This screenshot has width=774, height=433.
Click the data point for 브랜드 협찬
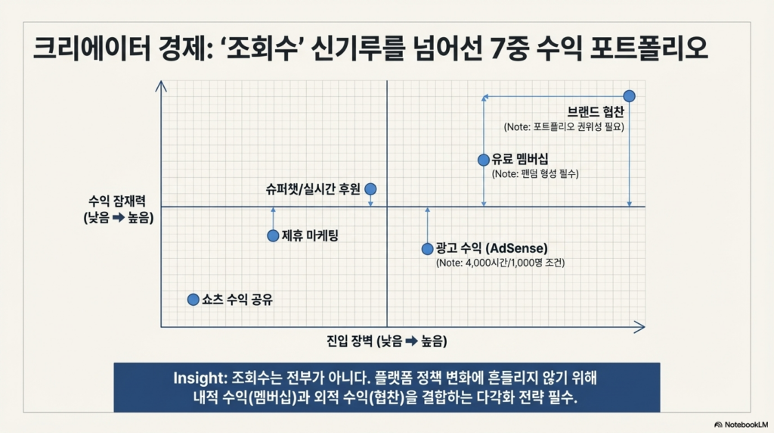(x=629, y=96)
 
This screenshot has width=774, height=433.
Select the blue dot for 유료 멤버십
(x=484, y=160)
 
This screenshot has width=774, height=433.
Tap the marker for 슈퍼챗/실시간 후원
(x=370, y=188)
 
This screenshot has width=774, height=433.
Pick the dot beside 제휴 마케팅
(x=273, y=235)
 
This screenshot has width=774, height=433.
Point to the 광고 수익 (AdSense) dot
(x=428, y=249)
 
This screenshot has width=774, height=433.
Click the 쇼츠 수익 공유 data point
(x=193, y=300)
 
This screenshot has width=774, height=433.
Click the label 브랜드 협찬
(x=596, y=112)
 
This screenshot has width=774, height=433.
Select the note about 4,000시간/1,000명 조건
(x=500, y=263)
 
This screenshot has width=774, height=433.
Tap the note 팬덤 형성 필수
(x=535, y=174)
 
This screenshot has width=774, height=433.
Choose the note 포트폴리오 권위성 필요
(x=564, y=127)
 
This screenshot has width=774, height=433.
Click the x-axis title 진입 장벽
(x=349, y=341)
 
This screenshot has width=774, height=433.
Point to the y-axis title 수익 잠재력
(x=117, y=201)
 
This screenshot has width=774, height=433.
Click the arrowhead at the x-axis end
(x=639, y=327)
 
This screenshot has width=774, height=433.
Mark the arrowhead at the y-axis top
(x=161, y=86)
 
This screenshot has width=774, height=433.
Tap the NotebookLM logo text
(x=746, y=425)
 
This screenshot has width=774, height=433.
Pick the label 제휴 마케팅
(x=310, y=235)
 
